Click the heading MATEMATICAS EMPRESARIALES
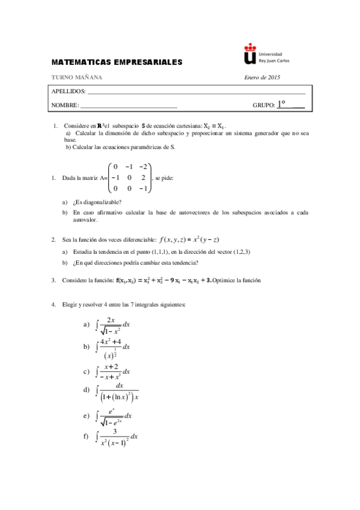pyautogui.click(x=117, y=62)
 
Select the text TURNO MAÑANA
pyautogui.click(x=77, y=77)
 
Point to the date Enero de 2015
pyautogui.click(x=263, y=77)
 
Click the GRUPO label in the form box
pyautogui.click(x=264, y=105)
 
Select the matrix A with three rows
pyautogui.click(x=129, y=177)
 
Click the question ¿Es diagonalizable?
pyautogui.click(x=97, y=202)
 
